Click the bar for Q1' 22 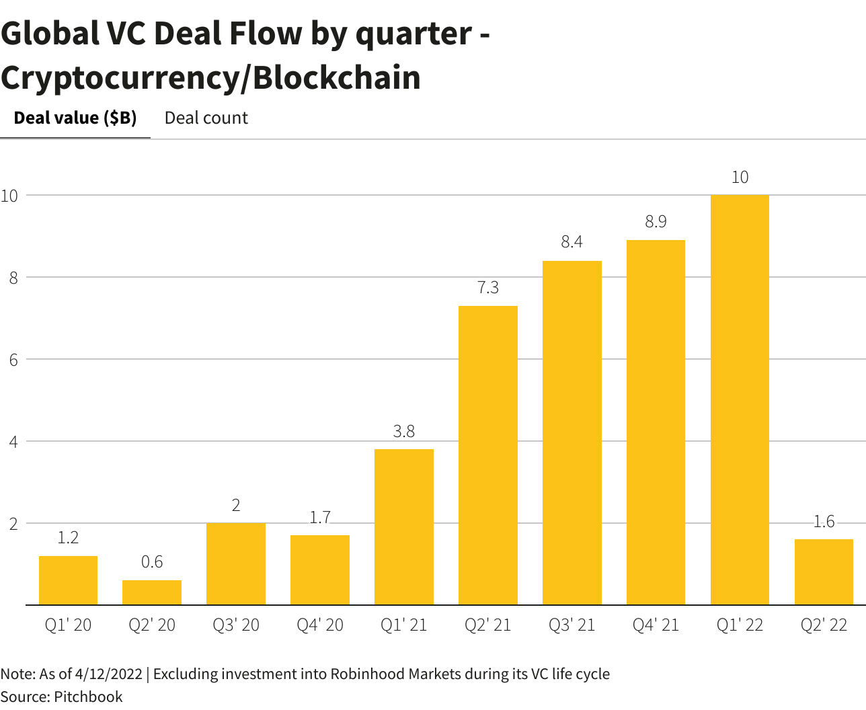pyautogui.click(x=740, y=400)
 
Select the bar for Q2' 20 pyautogui.click(x=152, y=592)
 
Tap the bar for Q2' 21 pyautogui.click(x=488, y=455)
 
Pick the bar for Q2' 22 pyautogui.click(x=824, y=572)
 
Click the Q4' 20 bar pyautogui.click(x=320, y=570)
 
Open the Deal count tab pyautogui.click(x=206, y=118)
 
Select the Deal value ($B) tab pyautogui.click(x=75, y=118)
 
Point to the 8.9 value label pyautogui.click(x=656, y=222)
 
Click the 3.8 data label pyautogui.click(x=404, y=432)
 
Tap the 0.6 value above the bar pyautogui.click(x=152, y=562)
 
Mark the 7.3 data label pyautogui.click(x=488, y=288)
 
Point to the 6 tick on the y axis pyautogui.click(x=13, y=360)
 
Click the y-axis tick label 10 pyautogui.click(x=9, y=196)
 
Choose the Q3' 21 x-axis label pyautogui.click(x=572, y=625)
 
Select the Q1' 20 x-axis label pyautogui.click(x=68, y=625)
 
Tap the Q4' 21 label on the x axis pyautogui.click(x=656, y=625)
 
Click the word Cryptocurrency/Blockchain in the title pyautogui.click(x=210, y=78)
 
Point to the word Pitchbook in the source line pyautogui.click(x=88, y=697)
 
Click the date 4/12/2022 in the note pyautogui.click(x=109, y=674)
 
